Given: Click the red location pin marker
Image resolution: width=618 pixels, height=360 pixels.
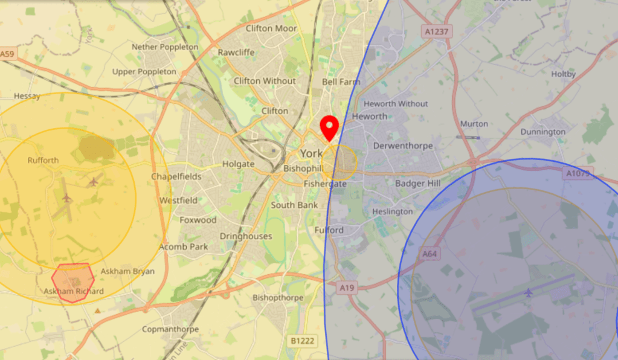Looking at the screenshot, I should [329, 127].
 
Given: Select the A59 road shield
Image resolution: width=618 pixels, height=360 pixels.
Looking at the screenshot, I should [7, 54].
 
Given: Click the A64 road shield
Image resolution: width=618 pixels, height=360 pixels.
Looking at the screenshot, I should [430, 254].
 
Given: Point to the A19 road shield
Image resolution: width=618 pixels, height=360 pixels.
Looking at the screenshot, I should [346, 288].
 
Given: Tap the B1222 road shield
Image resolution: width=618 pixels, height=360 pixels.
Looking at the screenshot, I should [302, 341].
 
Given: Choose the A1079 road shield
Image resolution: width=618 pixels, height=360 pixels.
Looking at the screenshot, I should [578, 173].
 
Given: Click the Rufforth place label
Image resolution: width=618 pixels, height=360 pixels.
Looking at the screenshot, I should [43, 160].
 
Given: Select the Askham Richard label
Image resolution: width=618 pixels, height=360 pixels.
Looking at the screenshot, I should [74, 291].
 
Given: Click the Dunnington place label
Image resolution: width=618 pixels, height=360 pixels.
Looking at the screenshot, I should [543, 132].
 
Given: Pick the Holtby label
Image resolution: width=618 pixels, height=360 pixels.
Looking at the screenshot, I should [564, 74].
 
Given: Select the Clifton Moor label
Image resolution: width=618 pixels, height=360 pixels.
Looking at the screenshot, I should [271, 28].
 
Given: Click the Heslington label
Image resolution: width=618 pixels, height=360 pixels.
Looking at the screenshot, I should [393, 211].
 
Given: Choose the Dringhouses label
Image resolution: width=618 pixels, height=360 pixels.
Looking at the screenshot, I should [246, 236].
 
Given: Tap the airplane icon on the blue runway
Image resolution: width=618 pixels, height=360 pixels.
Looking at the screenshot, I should [529, 293].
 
